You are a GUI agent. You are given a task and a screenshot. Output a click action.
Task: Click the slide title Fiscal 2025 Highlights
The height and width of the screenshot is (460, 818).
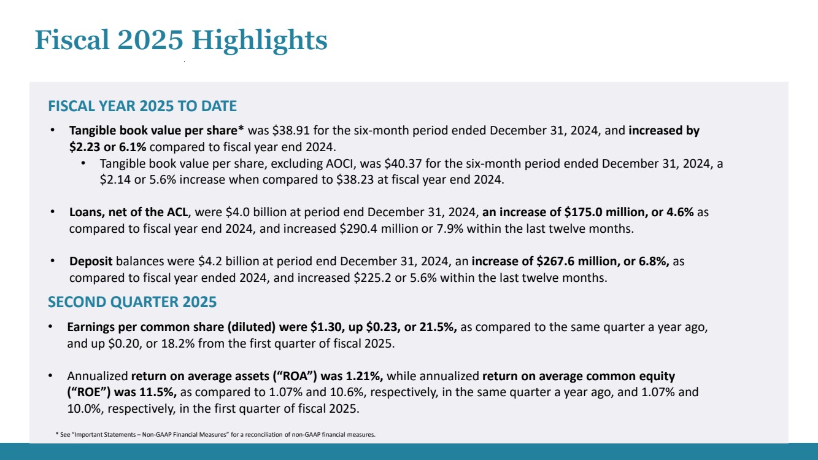[x=181, y=41]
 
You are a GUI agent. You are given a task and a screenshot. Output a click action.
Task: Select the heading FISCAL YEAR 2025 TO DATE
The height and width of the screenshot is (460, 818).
[x=142, y=106]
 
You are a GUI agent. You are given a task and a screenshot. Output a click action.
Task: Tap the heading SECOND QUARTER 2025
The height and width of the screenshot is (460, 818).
[x=132, y=302]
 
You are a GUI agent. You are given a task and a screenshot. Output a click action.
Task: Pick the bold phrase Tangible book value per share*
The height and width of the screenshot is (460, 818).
[x=157, y=131]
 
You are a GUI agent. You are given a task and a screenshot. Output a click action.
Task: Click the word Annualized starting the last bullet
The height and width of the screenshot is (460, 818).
[x=98, y=376]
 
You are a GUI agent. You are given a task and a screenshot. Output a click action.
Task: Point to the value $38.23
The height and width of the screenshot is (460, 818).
[x=354, y=181]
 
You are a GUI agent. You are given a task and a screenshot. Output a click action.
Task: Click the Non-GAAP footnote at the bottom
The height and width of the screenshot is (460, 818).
[x=215, y=434]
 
